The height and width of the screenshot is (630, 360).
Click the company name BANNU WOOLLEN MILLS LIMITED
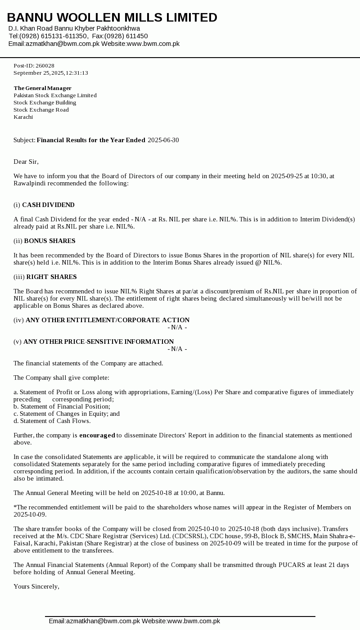point(112,18)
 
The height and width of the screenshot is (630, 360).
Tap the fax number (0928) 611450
point(129,36)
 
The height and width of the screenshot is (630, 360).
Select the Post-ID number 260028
point(45,66)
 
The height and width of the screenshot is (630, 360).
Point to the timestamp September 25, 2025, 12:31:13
point(51,73)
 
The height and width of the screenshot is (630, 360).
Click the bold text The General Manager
point(42,88)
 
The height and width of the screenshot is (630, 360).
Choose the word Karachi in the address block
point(23,117)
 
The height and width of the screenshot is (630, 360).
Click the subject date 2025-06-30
point(163,140)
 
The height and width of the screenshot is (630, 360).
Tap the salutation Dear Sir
point(26,162)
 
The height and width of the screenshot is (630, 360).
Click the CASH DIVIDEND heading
point(48,205)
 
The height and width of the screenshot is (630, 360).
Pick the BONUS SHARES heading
point(49,241)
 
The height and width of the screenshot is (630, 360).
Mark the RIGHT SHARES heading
point(51,277)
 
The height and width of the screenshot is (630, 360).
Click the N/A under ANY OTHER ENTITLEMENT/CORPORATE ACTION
point(177,328)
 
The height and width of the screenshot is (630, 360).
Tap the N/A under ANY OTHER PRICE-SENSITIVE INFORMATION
point(177,349)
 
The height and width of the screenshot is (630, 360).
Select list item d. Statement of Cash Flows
point(52,421)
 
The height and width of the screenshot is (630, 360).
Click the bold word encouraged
point(97,436)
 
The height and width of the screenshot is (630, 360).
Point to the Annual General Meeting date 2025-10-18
point(157,493)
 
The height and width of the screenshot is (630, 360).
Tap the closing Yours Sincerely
point(36,587)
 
